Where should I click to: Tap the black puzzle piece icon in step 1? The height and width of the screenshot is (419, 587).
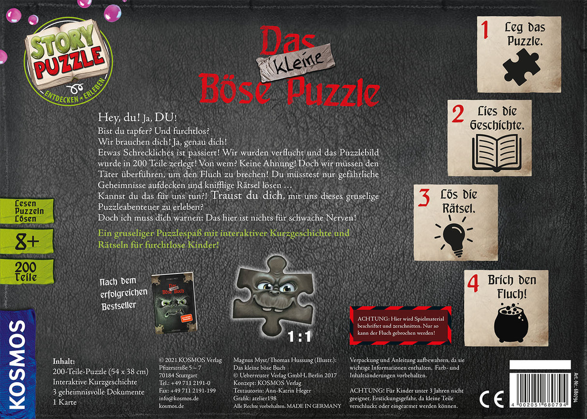coord(520,67)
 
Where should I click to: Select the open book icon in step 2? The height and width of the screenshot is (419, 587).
coord(490,152)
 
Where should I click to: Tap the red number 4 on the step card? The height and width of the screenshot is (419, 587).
coord(473,284)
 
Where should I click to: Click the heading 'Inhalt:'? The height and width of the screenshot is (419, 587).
coord(63,361)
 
